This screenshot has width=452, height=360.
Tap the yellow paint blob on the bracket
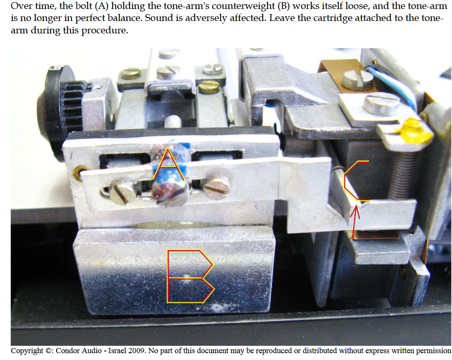pos(414,132)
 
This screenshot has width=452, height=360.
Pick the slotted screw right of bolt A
pos(217,187)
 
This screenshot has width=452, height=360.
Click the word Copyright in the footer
pos(27,351)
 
